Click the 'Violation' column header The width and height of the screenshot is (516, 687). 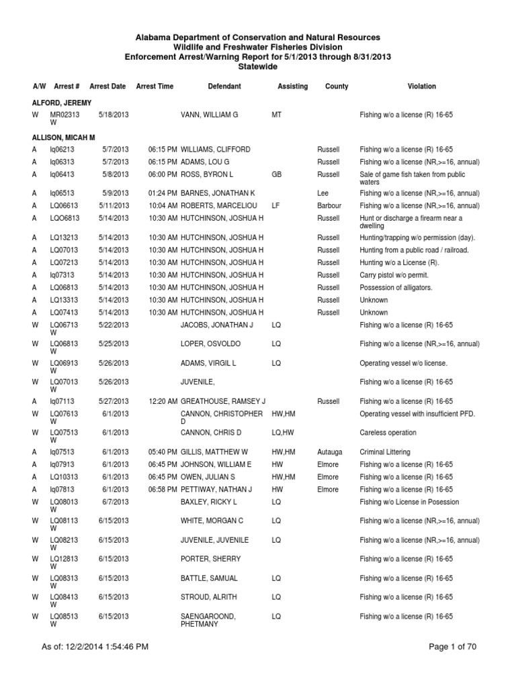(x=421, y=87)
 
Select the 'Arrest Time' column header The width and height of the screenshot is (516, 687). (x=155, y=87)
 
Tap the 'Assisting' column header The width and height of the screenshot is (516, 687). (x=292, y=87)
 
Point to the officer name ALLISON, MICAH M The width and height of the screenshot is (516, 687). (x=60, y=137)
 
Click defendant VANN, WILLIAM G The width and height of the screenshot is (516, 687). (x=210, y=115)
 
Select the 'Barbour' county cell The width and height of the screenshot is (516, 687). (x=329, y=206)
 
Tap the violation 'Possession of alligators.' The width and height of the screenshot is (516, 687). (x=396, y=288)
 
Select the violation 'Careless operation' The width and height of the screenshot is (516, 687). (x=388, y=433)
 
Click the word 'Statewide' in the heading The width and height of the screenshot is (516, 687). (x=257, y=67)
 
